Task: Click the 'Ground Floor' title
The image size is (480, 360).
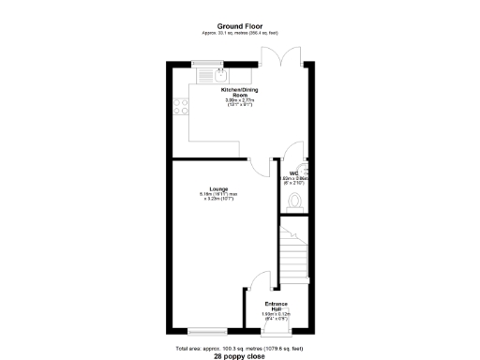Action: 240,26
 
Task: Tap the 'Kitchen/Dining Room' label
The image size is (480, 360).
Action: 240,93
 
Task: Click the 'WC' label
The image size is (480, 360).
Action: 293,172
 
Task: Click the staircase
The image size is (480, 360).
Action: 294,254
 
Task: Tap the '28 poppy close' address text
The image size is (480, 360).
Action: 240,356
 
